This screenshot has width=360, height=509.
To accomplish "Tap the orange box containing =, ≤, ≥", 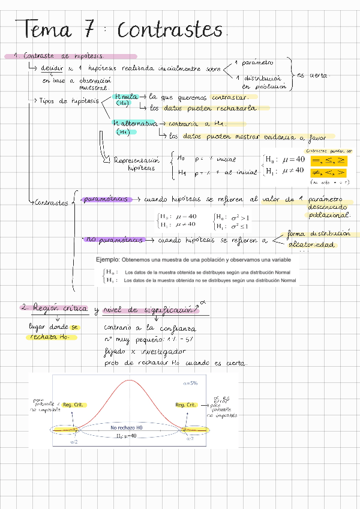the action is [x=329, y=160].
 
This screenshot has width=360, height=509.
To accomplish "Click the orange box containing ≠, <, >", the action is [x=329, y=173].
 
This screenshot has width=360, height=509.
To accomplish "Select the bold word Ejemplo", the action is [x=107, y=260].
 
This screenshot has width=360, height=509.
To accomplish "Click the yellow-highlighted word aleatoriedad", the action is [x=312, y=244].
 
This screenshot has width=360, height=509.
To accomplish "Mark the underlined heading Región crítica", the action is [x=60, y=309].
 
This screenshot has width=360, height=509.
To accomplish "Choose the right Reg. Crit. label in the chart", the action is [x=186, y=405].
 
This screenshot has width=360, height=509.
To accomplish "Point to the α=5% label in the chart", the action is [x=191, y=383].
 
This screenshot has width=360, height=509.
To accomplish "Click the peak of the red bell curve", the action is [x=130, y=381].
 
